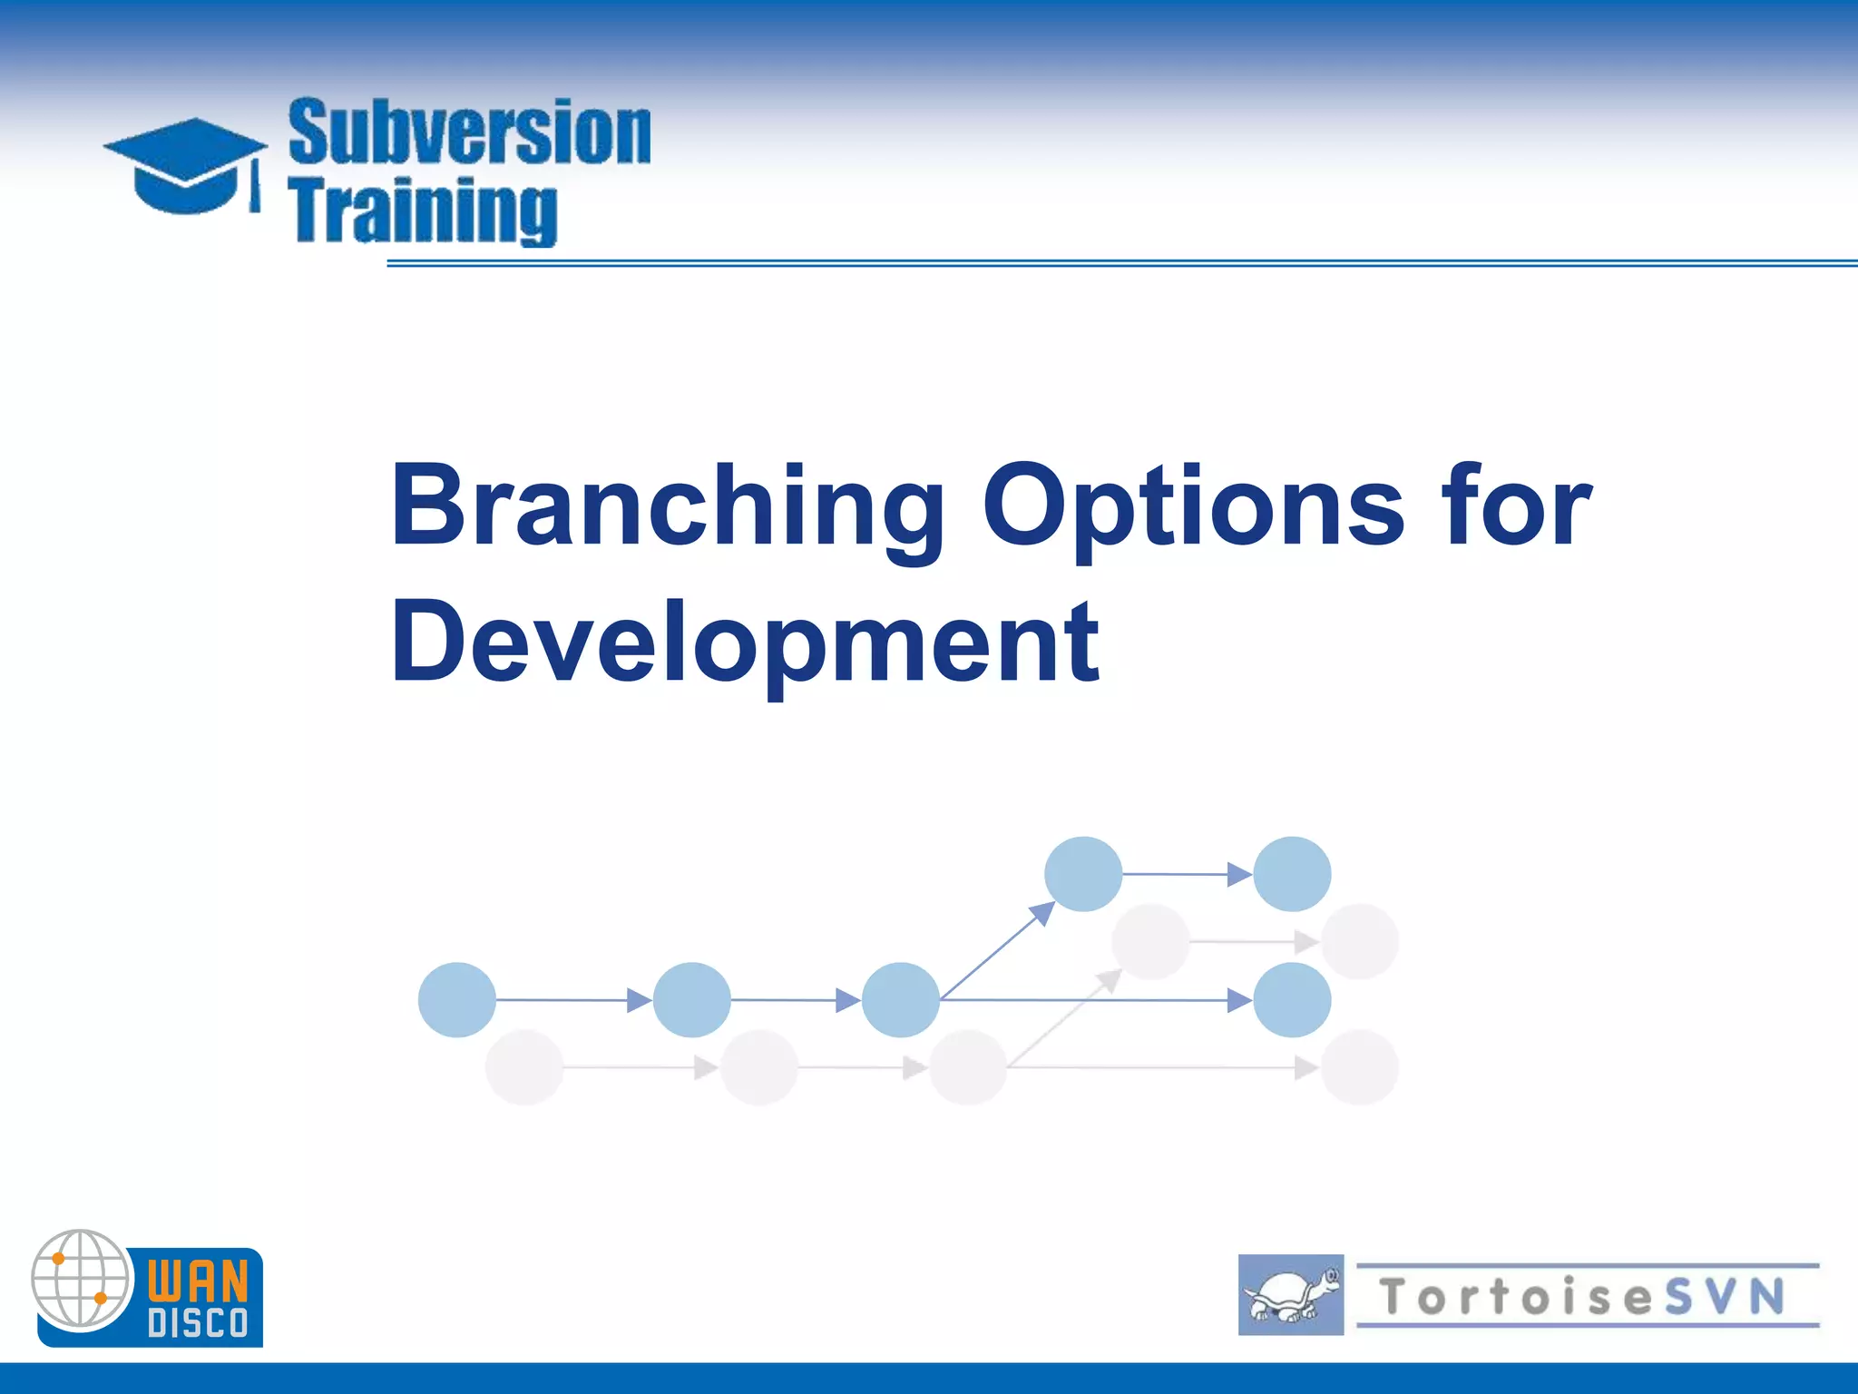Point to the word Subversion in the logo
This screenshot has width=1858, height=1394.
point(469,133)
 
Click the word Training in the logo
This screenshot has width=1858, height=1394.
point(423,211)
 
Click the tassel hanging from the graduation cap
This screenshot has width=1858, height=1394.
point(255,189)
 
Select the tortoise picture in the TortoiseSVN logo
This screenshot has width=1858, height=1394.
point(1290,1295)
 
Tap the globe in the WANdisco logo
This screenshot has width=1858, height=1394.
point(82,1280)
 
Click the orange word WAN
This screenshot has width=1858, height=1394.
point(198,1281)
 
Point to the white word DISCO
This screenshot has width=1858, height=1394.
point(198,1323)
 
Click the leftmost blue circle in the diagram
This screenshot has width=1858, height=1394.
point(456,1000)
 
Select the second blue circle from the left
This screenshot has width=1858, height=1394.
point(691,1000)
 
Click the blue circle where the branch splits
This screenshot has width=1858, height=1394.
point(900,1000)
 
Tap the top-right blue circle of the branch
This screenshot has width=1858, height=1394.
point(1292,874)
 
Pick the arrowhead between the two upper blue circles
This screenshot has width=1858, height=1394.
point(1239,874)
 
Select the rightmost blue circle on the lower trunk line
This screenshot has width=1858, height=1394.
point(1292,1000)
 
